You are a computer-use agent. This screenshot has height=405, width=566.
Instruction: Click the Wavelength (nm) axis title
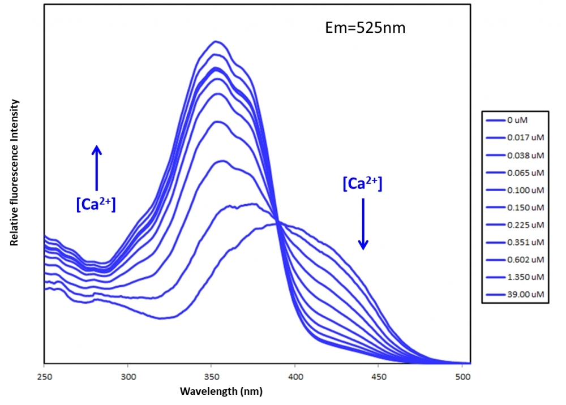pyautogui.click(x=221, y=391)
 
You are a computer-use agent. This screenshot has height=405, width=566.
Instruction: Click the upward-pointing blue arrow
pyautogui.click(x=97, y=167)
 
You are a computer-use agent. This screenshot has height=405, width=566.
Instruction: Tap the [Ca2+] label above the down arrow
pyautogui.click(x=362, y=184)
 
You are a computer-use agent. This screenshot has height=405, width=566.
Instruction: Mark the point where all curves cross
pyautogui.click(x=277, y=221)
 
